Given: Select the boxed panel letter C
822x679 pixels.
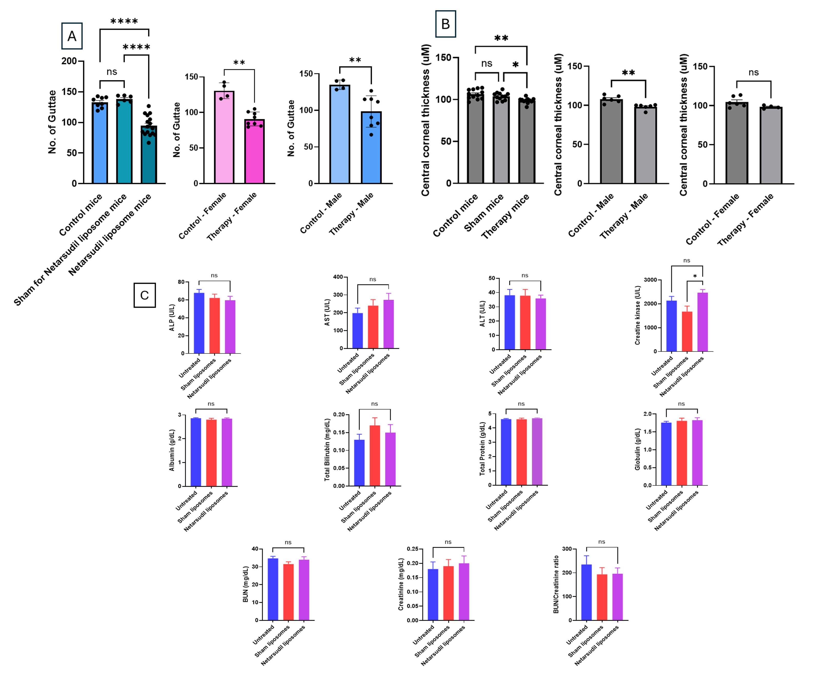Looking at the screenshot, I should tap(144, 295).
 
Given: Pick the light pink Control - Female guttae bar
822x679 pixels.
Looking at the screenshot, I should tap(224, 137).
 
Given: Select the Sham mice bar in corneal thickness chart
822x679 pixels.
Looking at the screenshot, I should tap(501, 139).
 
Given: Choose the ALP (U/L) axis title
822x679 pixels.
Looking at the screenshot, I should tap(172, 318).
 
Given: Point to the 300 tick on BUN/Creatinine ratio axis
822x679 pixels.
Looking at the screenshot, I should tap(567, 549).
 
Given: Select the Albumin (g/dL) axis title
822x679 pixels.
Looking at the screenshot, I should tap(172, 450).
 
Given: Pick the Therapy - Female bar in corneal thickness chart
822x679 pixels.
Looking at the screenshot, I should tap(771, 145).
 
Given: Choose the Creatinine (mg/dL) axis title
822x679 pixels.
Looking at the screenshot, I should tap(401, 584).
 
